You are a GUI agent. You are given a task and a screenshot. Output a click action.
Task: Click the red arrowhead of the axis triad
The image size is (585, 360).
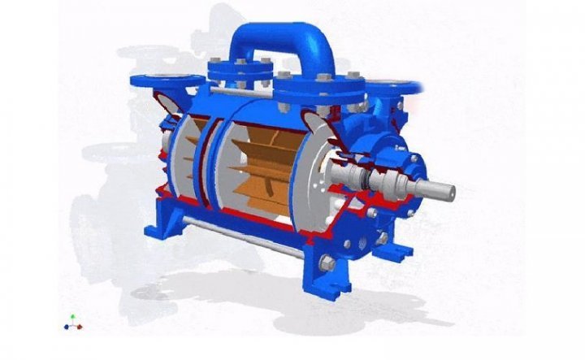tap(80, 327)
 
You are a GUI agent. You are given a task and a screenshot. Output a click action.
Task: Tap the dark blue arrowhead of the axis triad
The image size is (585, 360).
tap(66, 327)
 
